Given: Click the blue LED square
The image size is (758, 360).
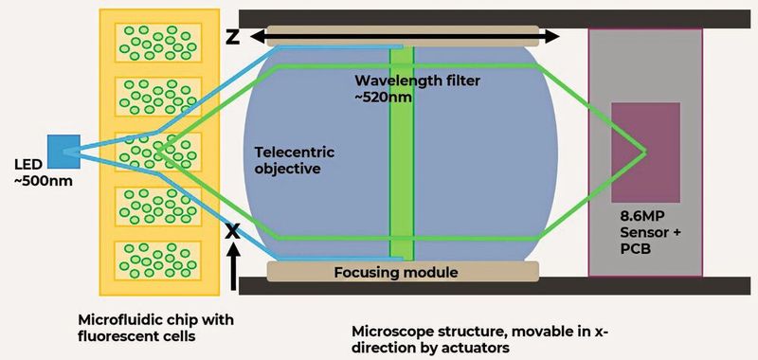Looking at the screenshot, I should point(65,150).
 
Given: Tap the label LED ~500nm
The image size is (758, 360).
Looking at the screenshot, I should point(38,171).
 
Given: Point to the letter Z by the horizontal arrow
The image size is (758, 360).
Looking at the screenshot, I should point(232,37).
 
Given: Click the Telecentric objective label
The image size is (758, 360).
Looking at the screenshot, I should point(295,160).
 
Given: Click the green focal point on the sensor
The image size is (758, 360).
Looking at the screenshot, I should point(646,151).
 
